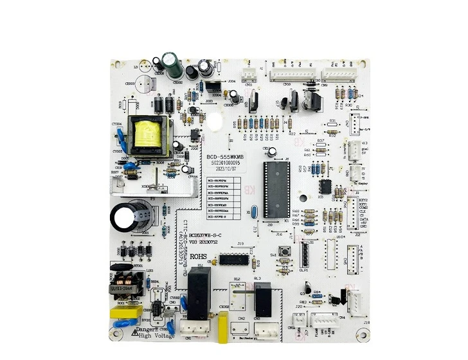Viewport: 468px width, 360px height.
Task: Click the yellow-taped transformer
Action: pyautogui.click(x=149, y=134)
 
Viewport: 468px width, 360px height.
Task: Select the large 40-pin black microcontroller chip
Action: pyautogui.click(x=276, y=188)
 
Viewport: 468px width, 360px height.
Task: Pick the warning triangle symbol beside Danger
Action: pyautogui.click(x=134, y=334)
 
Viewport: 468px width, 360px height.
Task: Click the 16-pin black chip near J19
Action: pyautogui.click(x=233, y=259)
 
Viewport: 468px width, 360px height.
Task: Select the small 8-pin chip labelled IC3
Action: pyautogui.click(x=326, y=186)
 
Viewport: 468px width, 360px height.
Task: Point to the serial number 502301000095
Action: pyautogui.click(x=224, y=164)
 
